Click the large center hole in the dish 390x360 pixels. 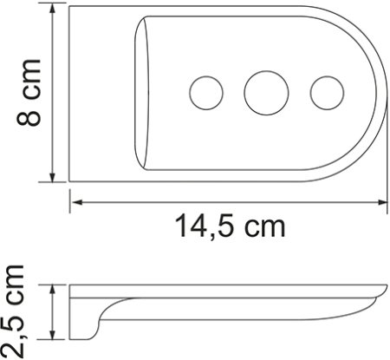[263, 90]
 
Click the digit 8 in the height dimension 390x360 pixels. [28, 115]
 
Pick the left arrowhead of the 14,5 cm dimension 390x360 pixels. [76, 202]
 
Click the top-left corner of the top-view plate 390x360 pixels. [71, 9]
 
